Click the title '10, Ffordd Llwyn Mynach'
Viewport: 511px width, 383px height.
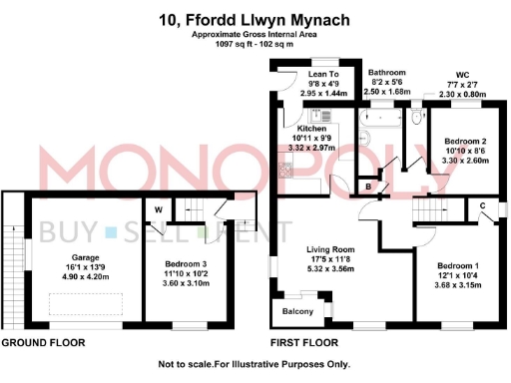pyautogui.click(x=255, y=18)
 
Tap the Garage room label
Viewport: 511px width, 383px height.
pyautogui.click(x=84, y=256)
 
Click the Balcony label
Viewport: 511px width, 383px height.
pyautogui.click(x=297, y=312)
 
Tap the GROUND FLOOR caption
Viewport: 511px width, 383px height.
pyautogui.click(x=43, y=342)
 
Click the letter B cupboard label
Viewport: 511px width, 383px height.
pyautogui.click(x=370, y=188)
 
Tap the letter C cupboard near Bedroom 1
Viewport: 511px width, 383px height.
pyautogui.click(x=481, y=205)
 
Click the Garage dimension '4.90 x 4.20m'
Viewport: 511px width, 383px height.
pyautogui.click(x=84, y=276)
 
